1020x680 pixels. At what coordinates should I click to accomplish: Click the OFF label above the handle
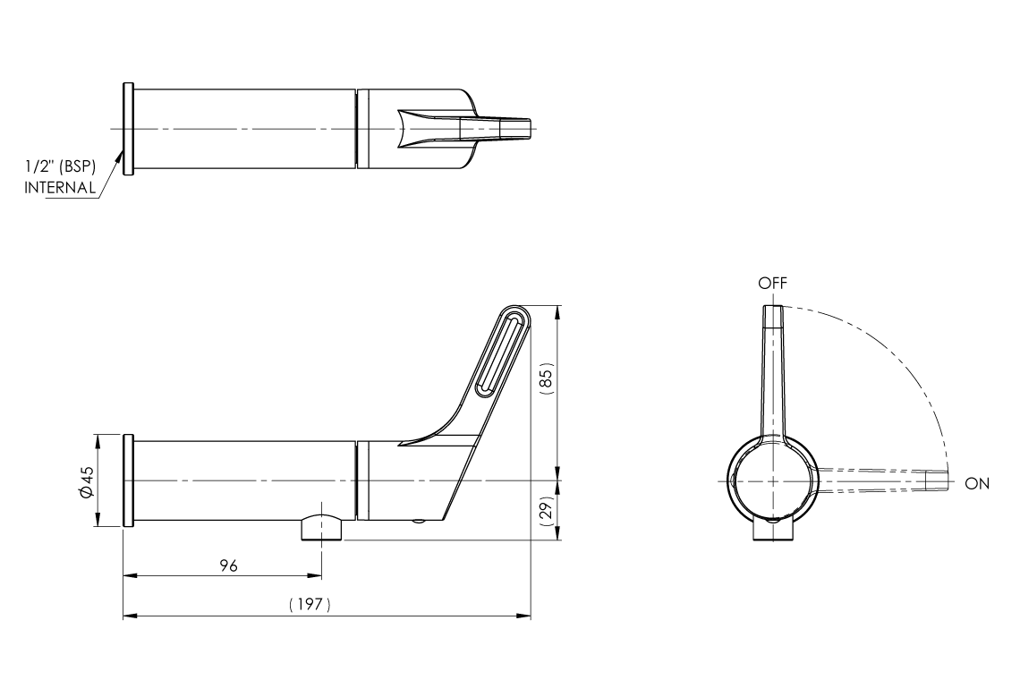point(771,283)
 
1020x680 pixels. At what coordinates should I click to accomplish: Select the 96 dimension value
point(228,565)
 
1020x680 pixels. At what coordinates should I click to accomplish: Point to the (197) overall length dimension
point(310,606)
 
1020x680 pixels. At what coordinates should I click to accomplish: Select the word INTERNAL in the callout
point(60,188)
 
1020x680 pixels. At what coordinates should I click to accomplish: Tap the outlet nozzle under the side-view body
point(321,529)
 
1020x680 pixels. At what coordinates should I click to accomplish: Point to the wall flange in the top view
point(128,129)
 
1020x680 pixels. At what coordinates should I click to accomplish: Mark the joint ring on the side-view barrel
point(361,480)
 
